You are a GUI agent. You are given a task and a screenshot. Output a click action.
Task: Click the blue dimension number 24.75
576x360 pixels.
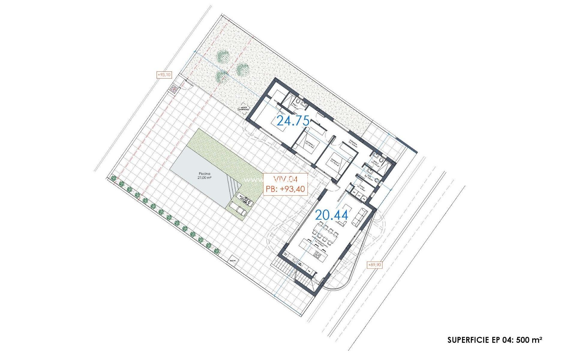[x=293, y=121]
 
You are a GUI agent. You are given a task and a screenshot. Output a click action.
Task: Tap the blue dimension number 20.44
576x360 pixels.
[x=331, y=215]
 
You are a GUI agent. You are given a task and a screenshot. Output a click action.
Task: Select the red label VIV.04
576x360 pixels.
[x=285, y=179]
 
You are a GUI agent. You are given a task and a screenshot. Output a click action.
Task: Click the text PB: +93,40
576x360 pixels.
[x=285, y=189]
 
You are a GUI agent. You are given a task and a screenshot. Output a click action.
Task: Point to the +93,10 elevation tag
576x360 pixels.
[x=164, y=75]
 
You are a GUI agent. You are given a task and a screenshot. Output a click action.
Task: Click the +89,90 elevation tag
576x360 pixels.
[x=375, y=265]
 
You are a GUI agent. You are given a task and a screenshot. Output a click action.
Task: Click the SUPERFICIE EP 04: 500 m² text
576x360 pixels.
[x=495, y=340]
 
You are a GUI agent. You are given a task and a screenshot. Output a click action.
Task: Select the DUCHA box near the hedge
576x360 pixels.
[x=232, y=261]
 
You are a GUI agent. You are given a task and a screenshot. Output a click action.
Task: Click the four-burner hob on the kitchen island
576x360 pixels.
[x=317, y=255]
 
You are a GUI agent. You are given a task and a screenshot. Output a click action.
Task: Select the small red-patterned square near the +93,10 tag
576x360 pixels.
[x=174, y=89]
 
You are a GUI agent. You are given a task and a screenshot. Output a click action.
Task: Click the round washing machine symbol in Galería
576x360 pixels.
[x=364, y=198]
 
